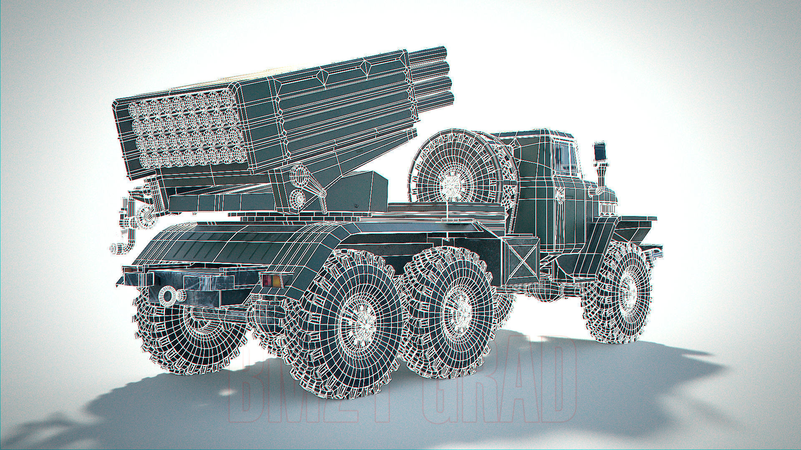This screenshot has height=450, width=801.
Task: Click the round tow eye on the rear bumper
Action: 168,295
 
